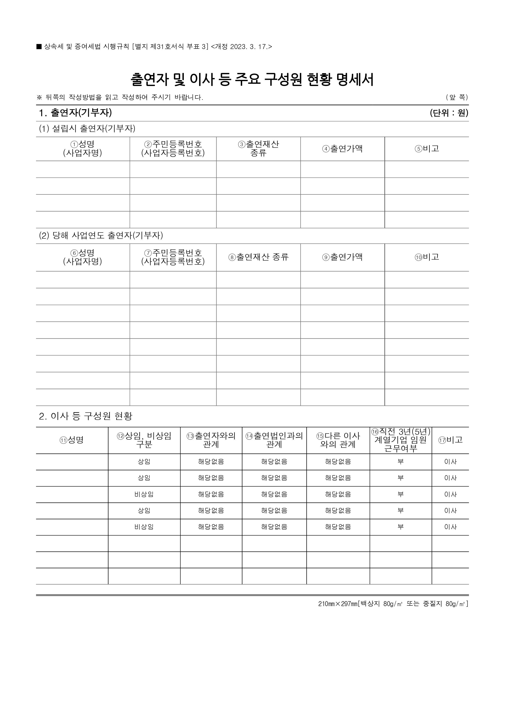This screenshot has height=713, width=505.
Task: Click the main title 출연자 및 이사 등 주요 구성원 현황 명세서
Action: click(x=252, y=80)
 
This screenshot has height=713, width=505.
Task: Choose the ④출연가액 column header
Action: click(x=342, y=149)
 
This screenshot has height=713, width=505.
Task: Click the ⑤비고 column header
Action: click(x=427, y=149)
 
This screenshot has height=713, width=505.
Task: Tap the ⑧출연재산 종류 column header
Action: click(x=259, y=257)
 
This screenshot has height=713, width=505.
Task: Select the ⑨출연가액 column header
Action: click(x=342, y=257)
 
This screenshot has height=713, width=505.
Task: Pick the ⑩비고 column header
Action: click(x=427, y=257)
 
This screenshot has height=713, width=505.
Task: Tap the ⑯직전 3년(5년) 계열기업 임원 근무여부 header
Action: click(x=401, y=440)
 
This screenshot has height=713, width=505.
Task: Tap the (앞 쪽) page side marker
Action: click(x=457, y=98)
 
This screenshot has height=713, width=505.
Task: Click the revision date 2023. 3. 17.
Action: click(x=249, y=47)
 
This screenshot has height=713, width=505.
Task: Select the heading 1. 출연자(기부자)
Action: click(x=75, y=113)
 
